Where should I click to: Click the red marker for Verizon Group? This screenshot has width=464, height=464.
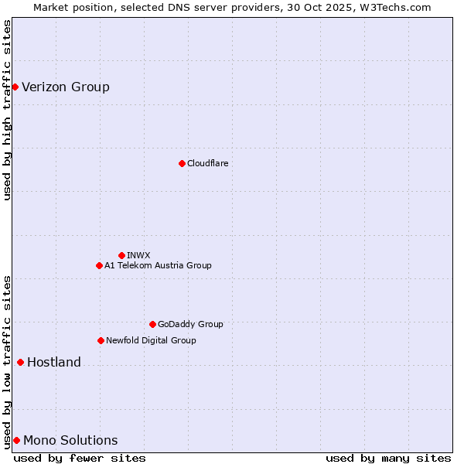15,87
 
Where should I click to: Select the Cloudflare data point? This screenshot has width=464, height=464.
182,163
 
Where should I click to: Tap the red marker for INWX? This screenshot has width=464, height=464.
121,255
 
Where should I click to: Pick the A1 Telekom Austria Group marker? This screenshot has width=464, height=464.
99,265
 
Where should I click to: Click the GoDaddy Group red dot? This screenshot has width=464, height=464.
152,324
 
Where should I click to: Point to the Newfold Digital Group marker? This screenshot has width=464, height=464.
101,340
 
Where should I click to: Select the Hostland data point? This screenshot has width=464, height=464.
20,362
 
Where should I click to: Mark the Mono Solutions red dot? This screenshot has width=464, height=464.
16,440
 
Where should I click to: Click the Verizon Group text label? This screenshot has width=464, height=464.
66,87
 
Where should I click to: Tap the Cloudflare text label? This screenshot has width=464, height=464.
208,163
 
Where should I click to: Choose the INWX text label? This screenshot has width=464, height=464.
138,255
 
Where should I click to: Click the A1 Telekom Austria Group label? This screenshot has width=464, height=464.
158,265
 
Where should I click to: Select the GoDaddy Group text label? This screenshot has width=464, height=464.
190,324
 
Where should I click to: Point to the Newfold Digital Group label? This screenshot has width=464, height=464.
151,340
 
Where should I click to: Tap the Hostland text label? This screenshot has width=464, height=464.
54,362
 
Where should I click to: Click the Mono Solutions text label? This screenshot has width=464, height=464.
70,440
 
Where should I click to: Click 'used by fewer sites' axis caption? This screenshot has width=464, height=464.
80,458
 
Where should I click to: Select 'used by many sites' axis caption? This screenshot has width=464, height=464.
388,458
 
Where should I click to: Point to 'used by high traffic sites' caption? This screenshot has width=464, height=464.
7,110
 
